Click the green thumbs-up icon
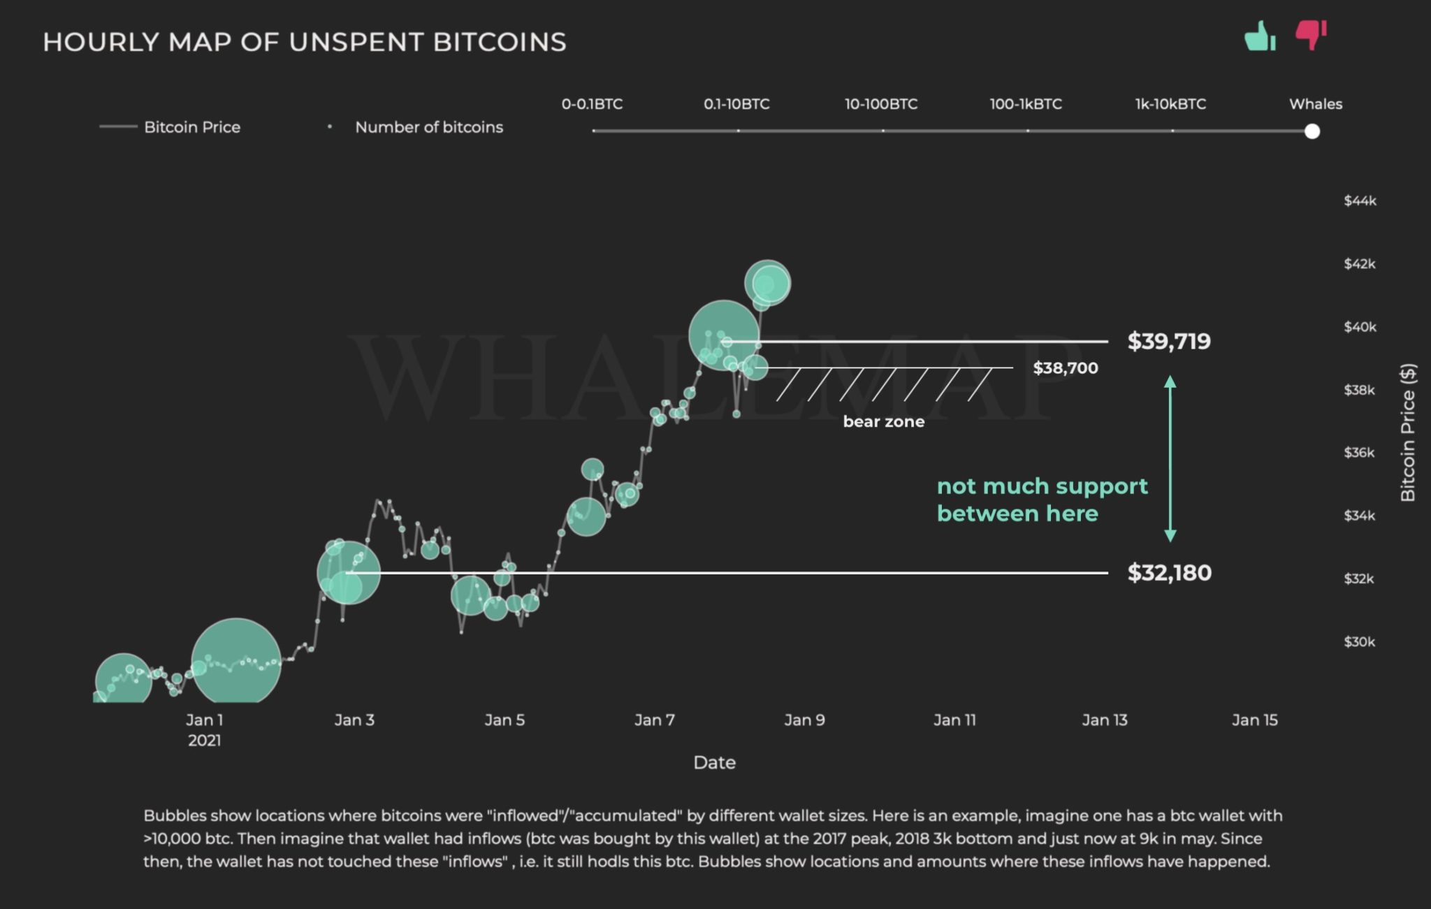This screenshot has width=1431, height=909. pos(1260,36)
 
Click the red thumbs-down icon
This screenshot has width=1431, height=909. pos(1310,34)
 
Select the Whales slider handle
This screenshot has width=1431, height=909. pos(1312,131)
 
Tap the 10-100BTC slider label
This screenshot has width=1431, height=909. pos(880,104)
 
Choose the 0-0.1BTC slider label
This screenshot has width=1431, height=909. pos(592,104)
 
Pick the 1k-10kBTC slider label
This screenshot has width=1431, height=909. pos(1170,104)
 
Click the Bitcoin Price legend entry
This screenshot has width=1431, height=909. pos(191,127)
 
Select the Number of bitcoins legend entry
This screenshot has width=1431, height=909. pos(428,127)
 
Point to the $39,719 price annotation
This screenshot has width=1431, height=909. pos(1169,342)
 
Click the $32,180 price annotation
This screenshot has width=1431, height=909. pos(1169,573)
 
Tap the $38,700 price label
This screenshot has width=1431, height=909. pos(1066,368)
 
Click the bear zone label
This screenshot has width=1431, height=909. pos(883,422)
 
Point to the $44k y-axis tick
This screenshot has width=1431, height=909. pos(1360,201)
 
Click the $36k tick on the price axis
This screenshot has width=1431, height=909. pos(1359,453)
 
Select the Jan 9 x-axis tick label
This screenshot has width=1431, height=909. pos(804,720)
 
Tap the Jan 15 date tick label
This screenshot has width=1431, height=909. pos(1254,720)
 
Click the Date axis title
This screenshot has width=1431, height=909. pos(714,762)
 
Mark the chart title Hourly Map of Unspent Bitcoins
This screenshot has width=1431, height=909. pos(305,42)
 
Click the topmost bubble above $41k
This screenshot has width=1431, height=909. pos(767,283)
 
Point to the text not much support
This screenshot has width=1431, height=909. pos(1042,486)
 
